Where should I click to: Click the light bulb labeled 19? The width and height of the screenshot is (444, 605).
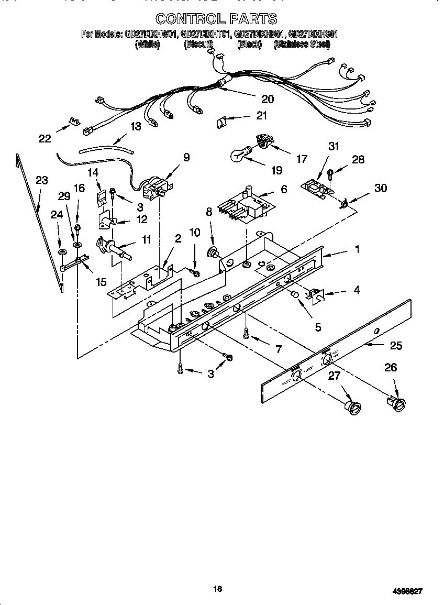[x=240, y=153]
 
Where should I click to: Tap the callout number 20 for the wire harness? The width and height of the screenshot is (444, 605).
[x=268, y=98]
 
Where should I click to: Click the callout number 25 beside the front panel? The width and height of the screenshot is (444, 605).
[x=396, y=346]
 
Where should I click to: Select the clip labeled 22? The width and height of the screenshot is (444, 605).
[x=74, y=123]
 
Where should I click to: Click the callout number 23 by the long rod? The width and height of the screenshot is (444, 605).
[x=41, y=181]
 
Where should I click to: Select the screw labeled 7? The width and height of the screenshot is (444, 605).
[x=246, y=333]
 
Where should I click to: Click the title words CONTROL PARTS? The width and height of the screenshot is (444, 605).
[x=216, y=19]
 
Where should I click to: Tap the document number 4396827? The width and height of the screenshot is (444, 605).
[x=407, y=590]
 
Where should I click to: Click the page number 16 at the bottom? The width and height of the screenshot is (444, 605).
[x=218, y=589]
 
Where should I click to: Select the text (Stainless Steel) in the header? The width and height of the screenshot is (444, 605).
[x=302, y=45]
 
